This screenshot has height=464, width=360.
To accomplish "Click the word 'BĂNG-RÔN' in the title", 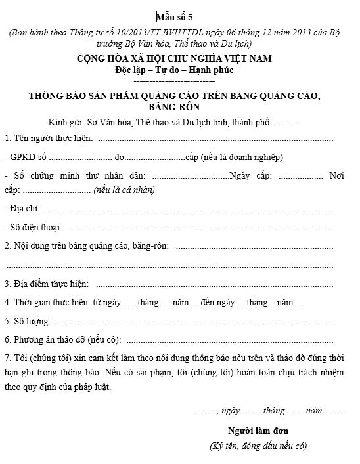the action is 174,106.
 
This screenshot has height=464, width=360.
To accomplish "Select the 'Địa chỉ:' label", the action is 22,209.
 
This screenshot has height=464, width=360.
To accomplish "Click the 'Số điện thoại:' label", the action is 34,227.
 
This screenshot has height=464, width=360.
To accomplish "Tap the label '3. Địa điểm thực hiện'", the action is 47,284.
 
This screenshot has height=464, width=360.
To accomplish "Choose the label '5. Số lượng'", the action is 28,322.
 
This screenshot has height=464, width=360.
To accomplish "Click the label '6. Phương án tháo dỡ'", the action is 50,341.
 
